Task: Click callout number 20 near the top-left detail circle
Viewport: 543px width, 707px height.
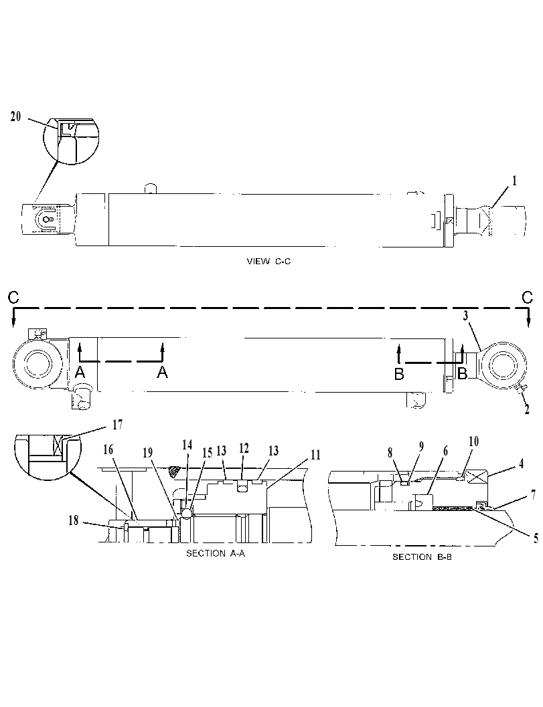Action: (x=15, y=116)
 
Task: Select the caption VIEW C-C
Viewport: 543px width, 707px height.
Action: (x=268, y=261)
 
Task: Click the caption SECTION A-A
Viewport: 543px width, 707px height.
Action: (x=216, y=553)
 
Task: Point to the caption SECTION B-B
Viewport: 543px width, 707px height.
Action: (x=422, y=557)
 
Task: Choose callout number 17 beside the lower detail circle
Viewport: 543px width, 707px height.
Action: (x=117, y=425)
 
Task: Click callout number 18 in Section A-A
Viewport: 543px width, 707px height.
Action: (x=73, y=520)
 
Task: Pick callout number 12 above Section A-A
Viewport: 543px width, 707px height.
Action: (x=244, y=448)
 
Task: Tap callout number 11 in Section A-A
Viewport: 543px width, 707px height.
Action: (x=315, y=455)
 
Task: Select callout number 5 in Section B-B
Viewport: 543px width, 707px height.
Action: (x=536, y=538)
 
